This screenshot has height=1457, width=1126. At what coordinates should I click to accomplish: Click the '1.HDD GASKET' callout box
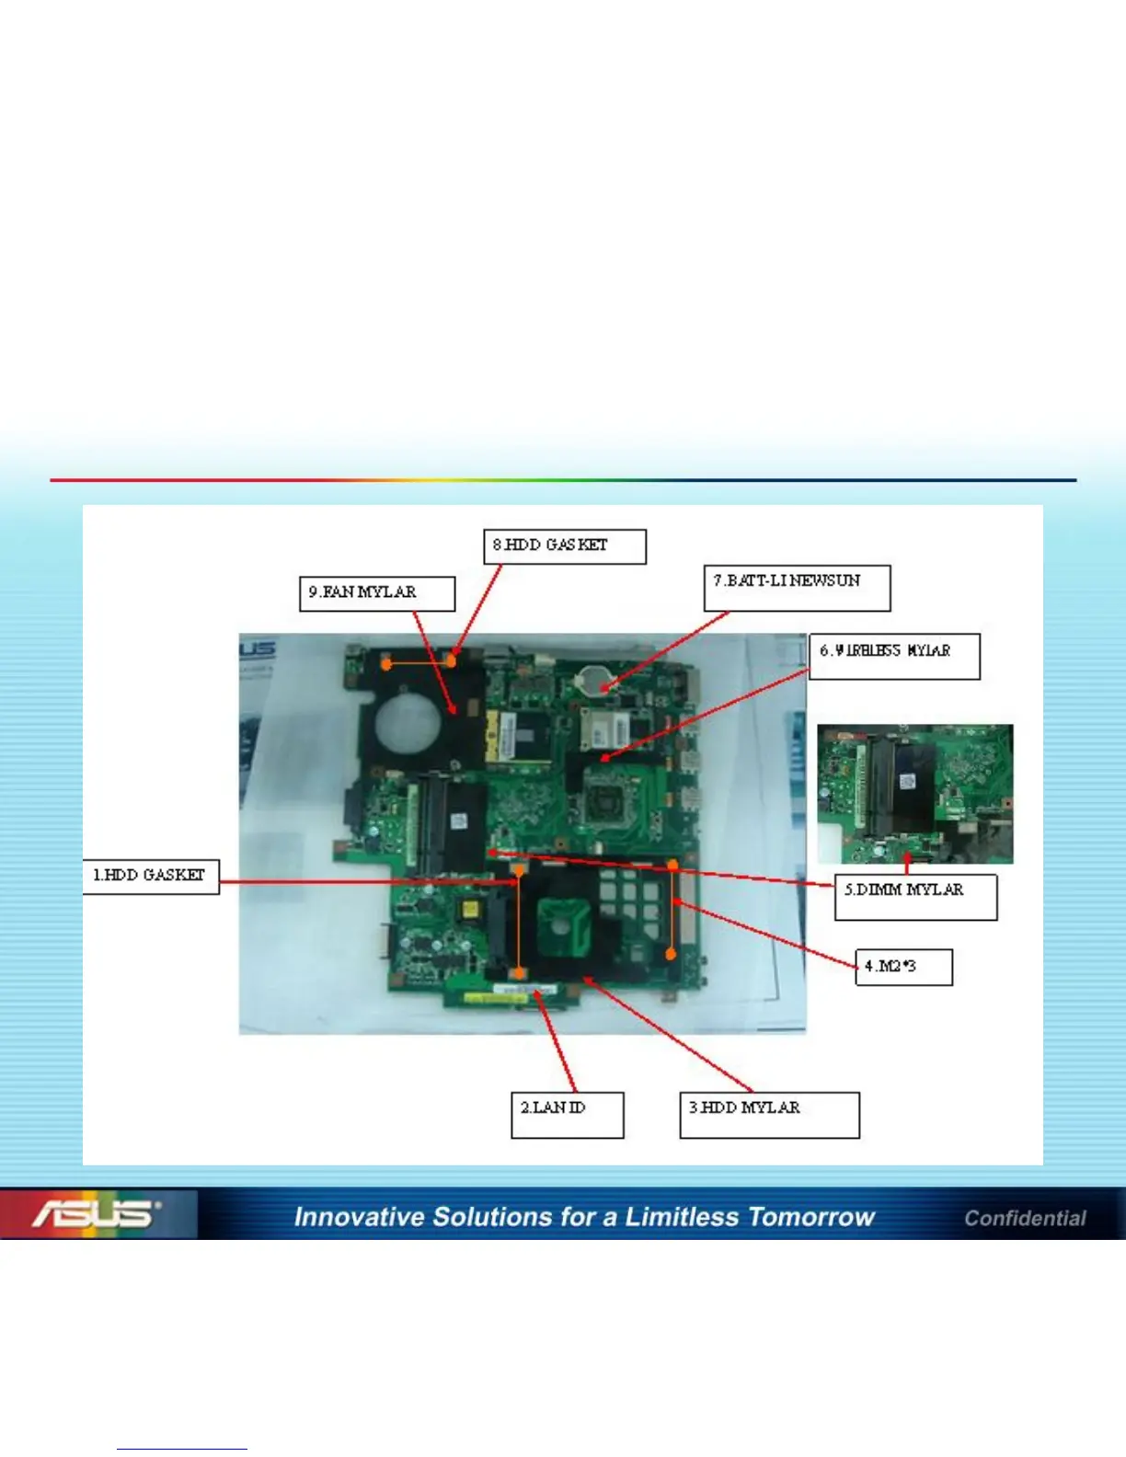pos(151,876)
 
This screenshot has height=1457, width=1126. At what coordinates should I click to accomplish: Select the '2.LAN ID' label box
pos(567,1115)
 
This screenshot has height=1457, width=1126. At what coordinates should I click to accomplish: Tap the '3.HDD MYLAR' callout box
pos(769,1115)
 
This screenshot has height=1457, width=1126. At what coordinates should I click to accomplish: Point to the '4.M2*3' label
pos(903,967)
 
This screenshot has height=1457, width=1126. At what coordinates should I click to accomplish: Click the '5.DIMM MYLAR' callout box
pos(915,897)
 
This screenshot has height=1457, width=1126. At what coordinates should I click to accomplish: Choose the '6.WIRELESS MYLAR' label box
pos(894,656)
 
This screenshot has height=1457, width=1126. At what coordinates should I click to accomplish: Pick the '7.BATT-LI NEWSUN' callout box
pos(797,588)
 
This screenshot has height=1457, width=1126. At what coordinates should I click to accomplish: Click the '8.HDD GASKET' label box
pos(565,546)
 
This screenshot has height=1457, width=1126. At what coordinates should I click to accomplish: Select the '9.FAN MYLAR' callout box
pos(376,593)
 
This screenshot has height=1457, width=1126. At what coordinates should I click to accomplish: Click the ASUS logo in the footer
pos(96,1214)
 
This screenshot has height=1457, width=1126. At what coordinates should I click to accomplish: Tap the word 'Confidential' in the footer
pos(1025,1218)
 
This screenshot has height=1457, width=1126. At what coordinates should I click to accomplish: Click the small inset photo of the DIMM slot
pos(915,793)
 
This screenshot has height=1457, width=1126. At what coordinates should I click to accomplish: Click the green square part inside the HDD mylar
pos(563,920)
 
